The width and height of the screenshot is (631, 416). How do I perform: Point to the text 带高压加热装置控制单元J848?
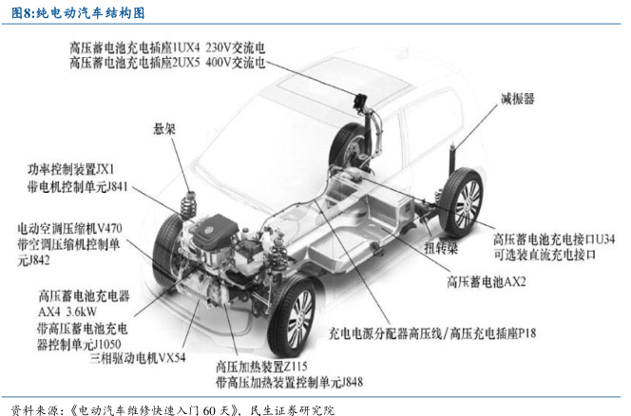click(291, 382)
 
